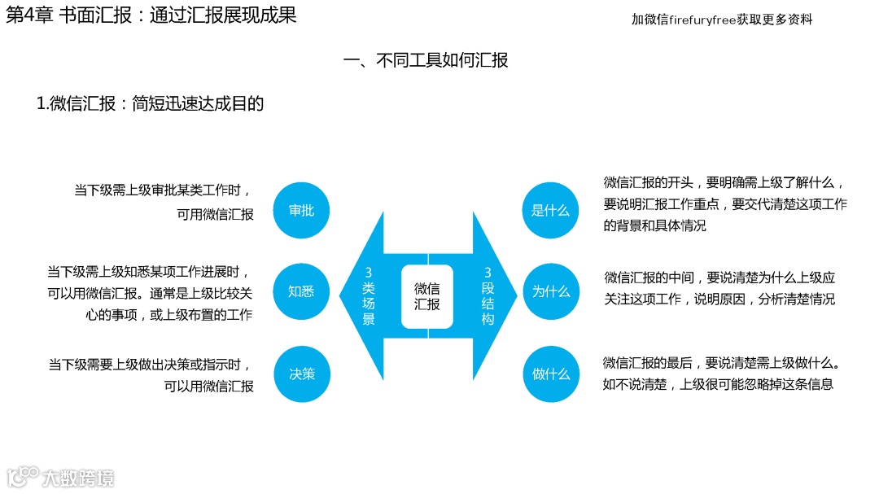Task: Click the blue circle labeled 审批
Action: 301,210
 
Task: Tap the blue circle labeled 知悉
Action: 301,291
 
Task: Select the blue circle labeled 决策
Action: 301,374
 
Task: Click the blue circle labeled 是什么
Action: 550,210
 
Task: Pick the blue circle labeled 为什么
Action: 550,291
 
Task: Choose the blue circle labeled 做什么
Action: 550,374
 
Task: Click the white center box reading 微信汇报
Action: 427,296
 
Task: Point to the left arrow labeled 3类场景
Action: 368,296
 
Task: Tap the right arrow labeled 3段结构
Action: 488,296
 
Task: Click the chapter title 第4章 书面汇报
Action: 151,15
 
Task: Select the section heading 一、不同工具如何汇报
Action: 426,60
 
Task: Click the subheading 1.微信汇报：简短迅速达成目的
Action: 151,103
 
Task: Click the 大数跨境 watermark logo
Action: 61,477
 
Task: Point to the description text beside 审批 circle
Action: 164,203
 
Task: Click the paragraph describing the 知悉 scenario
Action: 150,293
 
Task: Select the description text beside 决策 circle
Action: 151,375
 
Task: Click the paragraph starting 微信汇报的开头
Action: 724,203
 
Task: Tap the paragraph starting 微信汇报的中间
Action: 719,288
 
